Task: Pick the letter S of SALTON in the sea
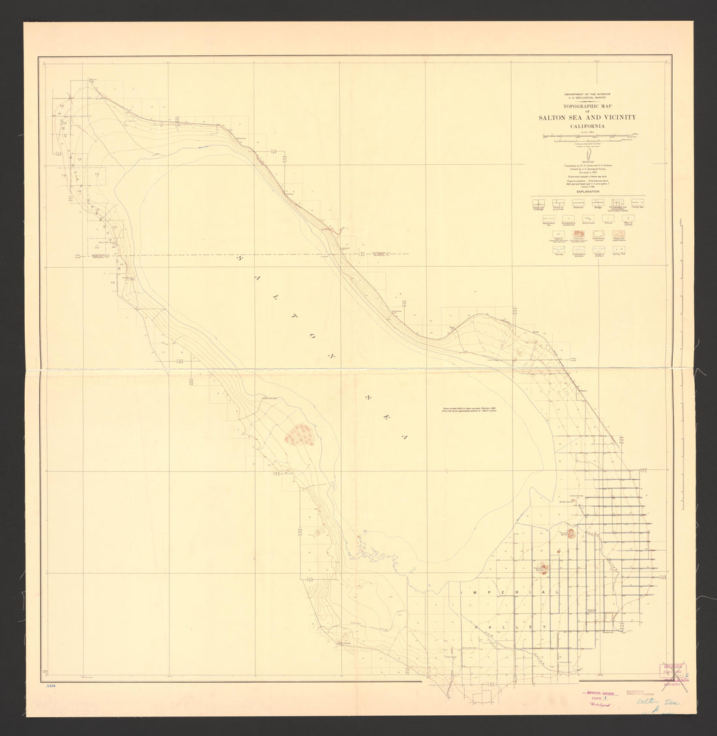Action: (238, 259)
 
